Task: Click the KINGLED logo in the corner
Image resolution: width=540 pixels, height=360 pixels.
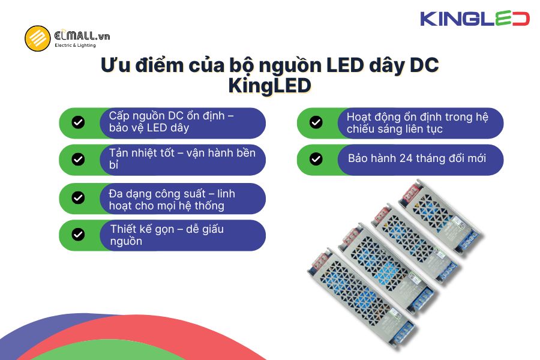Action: [475, 19]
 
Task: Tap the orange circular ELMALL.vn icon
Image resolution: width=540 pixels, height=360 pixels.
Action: [37, 38]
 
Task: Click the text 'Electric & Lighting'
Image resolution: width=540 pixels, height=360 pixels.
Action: [74, 46]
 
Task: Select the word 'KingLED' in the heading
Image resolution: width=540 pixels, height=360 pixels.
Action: [269, 86]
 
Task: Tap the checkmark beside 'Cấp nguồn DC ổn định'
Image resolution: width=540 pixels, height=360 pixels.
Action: [78, 122]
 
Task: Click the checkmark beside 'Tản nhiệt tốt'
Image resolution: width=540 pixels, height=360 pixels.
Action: [78, 159]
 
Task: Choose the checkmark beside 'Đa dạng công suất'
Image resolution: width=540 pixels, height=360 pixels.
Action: [78, 198]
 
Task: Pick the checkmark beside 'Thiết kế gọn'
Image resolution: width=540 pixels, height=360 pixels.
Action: [78, 234]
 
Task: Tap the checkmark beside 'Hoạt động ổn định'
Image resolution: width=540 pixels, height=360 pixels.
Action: [316, 122]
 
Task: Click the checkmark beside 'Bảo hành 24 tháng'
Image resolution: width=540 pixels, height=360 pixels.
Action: [316, 159]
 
